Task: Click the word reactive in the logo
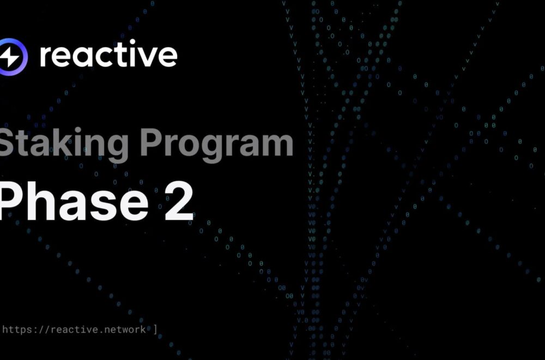click(108, 54)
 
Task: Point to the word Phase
click(73, 201)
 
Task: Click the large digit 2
click(179, 202)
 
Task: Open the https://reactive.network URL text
click(74, 329)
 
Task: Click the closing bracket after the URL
click(155, 329)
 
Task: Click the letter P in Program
click(151, 142)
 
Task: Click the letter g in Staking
click(116, 148)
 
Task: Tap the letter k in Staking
click(64, 142)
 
